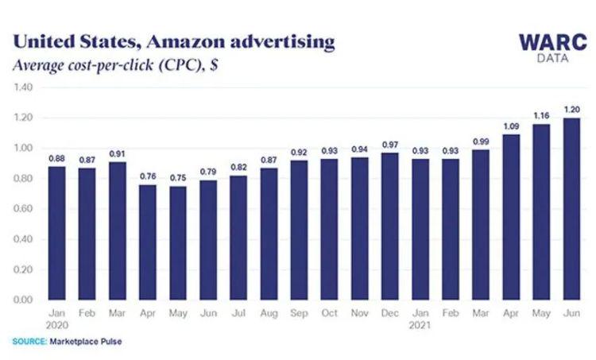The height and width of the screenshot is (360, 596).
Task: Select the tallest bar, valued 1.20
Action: tap(571, 209)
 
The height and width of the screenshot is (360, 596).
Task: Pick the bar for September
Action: tap(299, 230)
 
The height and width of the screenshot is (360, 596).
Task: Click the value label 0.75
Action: tap(179, 178)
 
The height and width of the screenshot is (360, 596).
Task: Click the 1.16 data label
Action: tap(540, 116)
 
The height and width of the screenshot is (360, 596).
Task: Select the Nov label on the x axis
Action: tap(359, 314)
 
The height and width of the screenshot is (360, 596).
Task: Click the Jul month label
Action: tap(239, 314)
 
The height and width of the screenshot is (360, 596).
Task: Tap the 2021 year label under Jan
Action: tap(420, 325)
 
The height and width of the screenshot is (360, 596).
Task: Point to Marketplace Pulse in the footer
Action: tap(87, 343)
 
